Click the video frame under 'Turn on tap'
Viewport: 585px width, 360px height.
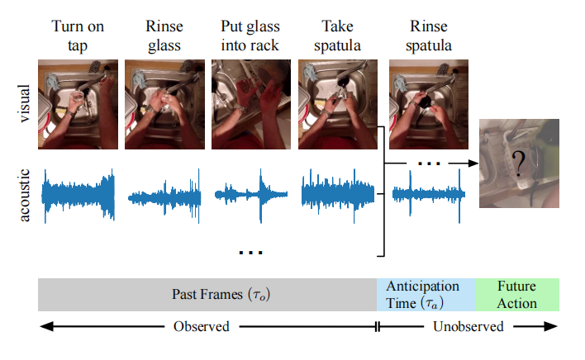pyautogui.click(x=78, y=104)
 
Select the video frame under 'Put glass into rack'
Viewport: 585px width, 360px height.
pyautogui.click(x=250, y=104)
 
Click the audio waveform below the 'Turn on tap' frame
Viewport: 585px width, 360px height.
pyautogui.click(x=78, y=195)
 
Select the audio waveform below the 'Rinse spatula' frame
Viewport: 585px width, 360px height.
pyautogui.click(x=426, y=195)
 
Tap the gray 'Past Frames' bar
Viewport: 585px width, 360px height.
pyautogui.click(x=207, y=295)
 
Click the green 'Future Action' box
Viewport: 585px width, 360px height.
pyautogui.click(x=517, y=295)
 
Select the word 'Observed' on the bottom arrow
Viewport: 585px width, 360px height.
pyautogui.click(x=201, y=326)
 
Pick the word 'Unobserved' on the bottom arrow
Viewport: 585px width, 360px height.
pyautogui.click(x=468, y=326)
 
